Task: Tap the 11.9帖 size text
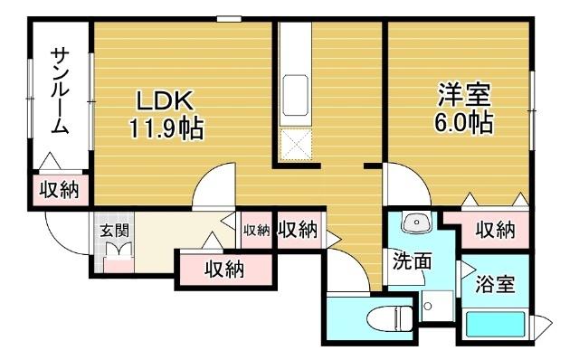pos(165,128)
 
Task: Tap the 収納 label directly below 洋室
pos(495,230)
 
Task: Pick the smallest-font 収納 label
pos(256,230)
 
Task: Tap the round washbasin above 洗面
pos(414,223)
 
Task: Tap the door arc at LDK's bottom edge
pos(214,188)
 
